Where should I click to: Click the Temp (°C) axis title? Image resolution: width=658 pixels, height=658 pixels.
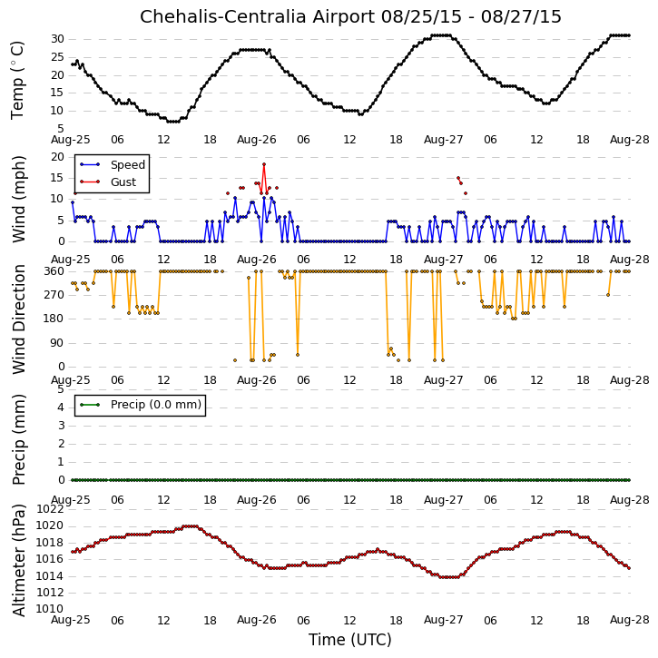(17, 80)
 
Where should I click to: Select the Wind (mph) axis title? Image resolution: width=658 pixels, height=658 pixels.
(19, 200)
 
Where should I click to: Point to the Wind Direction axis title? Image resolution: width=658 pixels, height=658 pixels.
(19, 319)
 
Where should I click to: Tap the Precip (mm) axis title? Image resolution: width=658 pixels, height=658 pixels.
(19, 439)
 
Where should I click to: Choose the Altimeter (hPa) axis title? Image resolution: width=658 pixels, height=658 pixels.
(19, 560)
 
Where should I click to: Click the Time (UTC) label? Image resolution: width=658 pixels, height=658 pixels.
(350, 640)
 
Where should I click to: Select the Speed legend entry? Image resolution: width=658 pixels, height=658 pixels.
(128, 165)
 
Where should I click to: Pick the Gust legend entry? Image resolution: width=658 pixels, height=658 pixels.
(123, 182)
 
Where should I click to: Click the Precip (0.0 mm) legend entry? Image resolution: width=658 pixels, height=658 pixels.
(156, 405)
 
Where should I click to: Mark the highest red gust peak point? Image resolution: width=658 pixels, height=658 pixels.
(264, 164)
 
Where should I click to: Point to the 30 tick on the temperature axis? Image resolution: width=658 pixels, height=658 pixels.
(57, 39)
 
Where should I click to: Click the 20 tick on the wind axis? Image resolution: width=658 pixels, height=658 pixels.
(57, 157)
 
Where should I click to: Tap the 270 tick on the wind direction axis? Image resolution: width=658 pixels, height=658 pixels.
(54, 295)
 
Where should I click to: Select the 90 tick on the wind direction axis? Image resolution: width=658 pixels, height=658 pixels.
(57, 343)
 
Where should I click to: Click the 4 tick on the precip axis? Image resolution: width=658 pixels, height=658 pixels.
(62, 408)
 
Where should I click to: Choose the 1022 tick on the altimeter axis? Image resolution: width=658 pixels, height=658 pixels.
(50, 509)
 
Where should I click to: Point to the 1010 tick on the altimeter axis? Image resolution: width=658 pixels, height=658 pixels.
(50, 609)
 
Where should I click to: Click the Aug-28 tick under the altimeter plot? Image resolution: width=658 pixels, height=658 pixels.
(630, 620)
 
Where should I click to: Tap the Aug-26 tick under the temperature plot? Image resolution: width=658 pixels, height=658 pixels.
(257, 140)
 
